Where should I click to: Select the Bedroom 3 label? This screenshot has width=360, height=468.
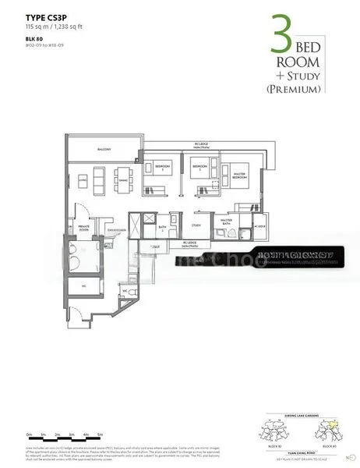162,167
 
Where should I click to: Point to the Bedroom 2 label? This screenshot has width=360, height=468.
200,167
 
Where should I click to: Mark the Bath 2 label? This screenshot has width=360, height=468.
161,229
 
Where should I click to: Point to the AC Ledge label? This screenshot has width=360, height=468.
259,226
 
